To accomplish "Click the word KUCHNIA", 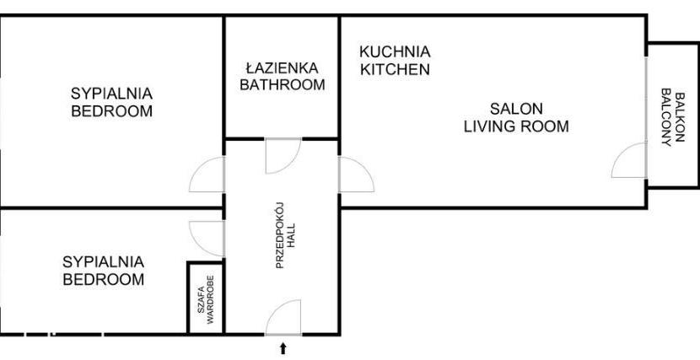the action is pyautogui.click(x=395, y=51).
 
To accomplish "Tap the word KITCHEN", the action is pyautogui.click(x=395, y=70).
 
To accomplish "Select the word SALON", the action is pyautogui.click(x=516, y=109).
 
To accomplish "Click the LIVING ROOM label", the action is pyautogui.click(x=516, y=126).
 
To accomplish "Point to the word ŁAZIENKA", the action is pyautogui.click(x=283, y=67).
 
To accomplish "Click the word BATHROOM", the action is pyautogui.click(x=283, y=85).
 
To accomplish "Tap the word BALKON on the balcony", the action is pyautogui.click(x=680, y=117).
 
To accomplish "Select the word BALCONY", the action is pyautogui.click(x=666, y=117).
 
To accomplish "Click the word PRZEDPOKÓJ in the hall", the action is pyautogui.click(x=280, y=235).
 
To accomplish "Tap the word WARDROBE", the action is pyautogui.click(x=211, y=299).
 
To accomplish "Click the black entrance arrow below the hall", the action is pyautogui.click(x=283, y=348).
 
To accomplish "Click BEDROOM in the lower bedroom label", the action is pyautogui.click(x=104, y=280).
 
